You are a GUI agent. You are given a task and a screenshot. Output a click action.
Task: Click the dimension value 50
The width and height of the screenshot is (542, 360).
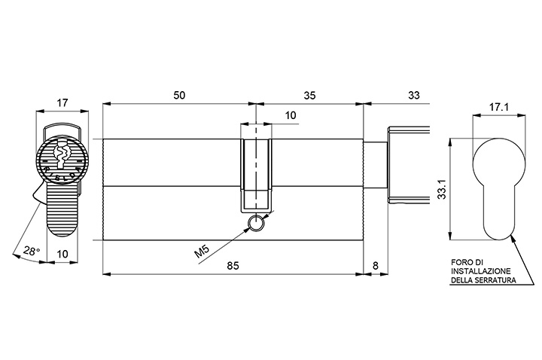[x=179, y=95]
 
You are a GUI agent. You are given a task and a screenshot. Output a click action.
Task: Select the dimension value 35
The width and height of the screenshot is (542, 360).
[x=309, y=95]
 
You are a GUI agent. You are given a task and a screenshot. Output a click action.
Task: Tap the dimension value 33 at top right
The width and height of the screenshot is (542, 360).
[x=414, y=95]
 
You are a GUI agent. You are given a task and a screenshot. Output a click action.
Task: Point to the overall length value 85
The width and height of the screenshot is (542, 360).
[x=233, y=266]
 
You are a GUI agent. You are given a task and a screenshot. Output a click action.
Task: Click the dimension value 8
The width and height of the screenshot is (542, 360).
[x=376, y=266]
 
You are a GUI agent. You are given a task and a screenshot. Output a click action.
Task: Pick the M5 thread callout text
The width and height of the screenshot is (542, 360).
[x=202, y=252]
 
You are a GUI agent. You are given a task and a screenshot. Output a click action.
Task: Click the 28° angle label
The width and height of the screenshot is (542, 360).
[x=32, y=250]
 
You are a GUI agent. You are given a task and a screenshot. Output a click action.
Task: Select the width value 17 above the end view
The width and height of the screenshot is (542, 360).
[x=62, y=103]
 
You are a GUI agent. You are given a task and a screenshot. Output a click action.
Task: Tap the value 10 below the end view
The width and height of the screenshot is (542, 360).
[x=62, y=254]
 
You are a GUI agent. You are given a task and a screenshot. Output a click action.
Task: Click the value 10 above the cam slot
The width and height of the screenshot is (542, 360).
[x=291, y=115]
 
